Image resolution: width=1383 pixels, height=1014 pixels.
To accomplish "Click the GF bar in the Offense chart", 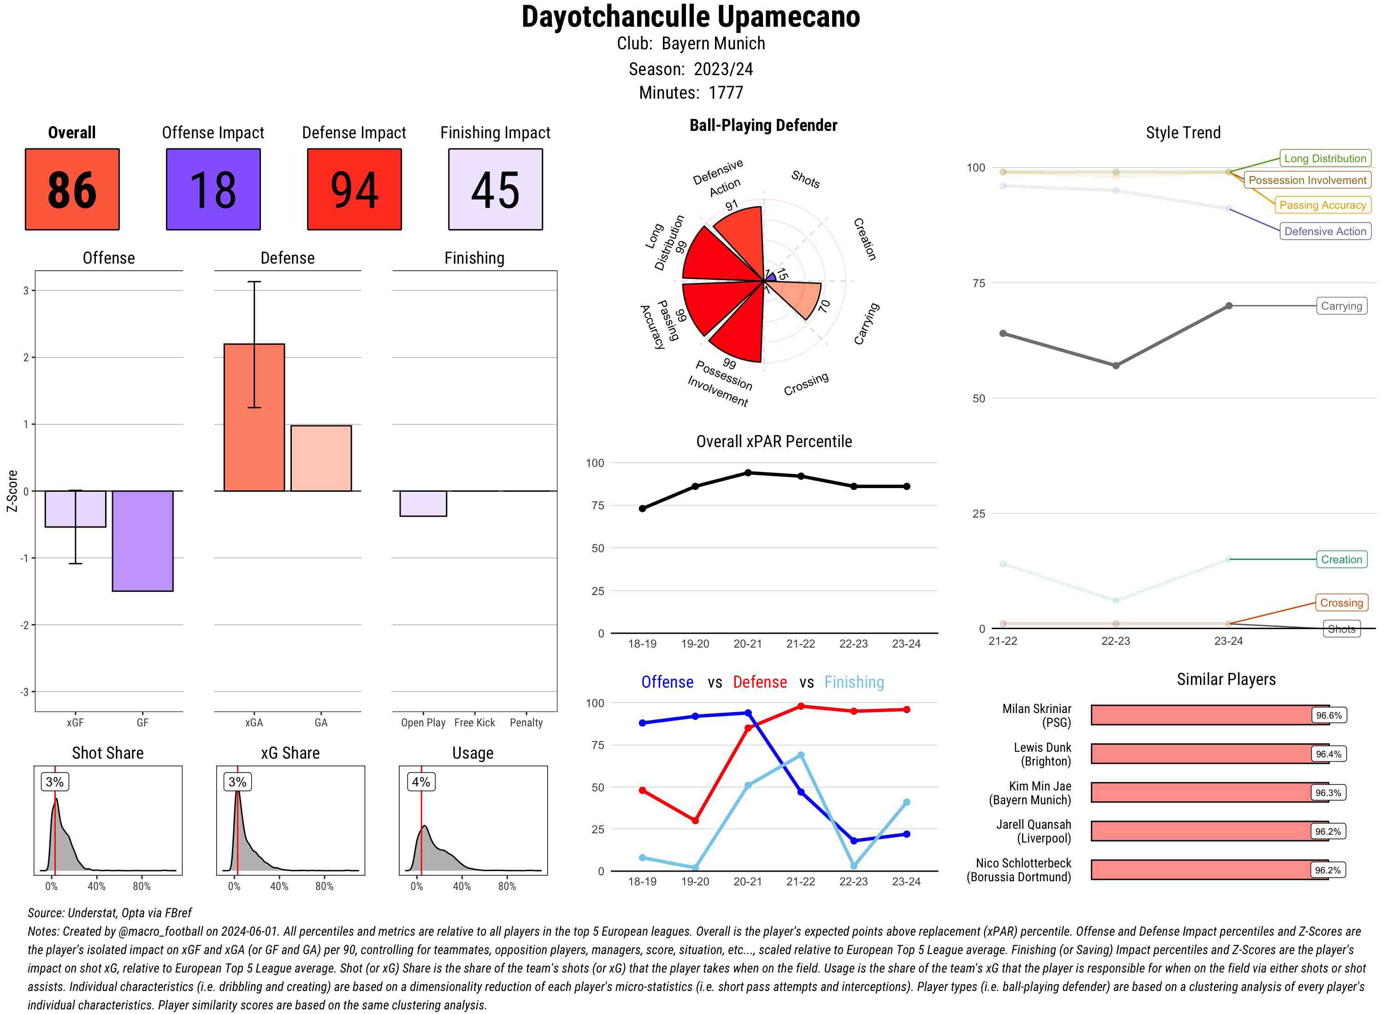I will coord(142,541).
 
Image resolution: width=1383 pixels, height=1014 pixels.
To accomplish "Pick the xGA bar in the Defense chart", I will coord(254,418).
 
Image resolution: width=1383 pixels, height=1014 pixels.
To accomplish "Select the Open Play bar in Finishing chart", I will coord(423,503).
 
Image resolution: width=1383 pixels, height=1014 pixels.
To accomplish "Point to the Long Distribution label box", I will coord(1325,159).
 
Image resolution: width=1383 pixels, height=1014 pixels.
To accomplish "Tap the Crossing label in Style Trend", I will coord(1341,603).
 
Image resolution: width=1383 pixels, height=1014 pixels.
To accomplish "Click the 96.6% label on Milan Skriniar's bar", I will coord(1328,715).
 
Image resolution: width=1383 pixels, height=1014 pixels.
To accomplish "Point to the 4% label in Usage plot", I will coord(420,782).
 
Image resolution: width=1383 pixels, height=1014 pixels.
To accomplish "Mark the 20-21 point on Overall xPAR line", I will coord(748,472).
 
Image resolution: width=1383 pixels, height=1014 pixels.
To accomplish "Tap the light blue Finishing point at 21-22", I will coord(800,755).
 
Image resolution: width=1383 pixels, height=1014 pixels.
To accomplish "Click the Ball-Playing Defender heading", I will coord(763,125).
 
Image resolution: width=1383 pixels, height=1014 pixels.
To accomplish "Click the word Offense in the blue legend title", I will coord(667,682).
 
